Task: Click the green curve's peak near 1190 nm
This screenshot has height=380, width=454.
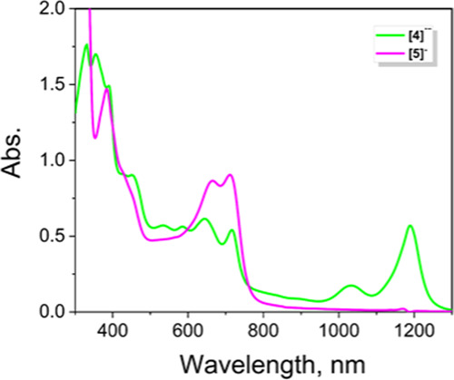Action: tap(410, 226)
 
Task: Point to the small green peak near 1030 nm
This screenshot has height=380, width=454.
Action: tap(350, 286)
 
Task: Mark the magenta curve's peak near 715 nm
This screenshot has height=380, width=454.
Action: tap(230, 175)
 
